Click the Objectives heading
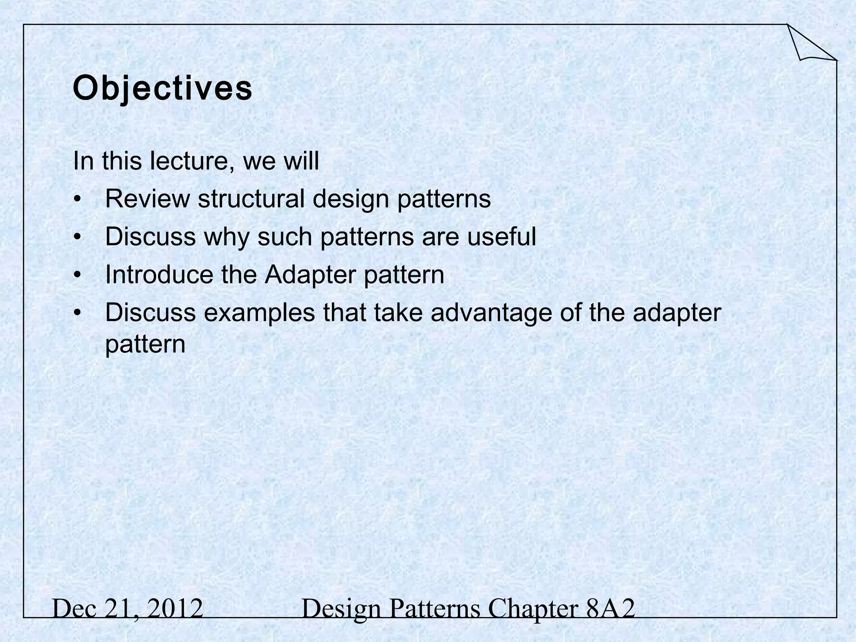[163, 89]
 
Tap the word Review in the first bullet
[147, 199]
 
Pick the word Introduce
[159, 275]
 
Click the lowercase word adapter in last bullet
[677, 313]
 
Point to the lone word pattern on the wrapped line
[145, 344]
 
